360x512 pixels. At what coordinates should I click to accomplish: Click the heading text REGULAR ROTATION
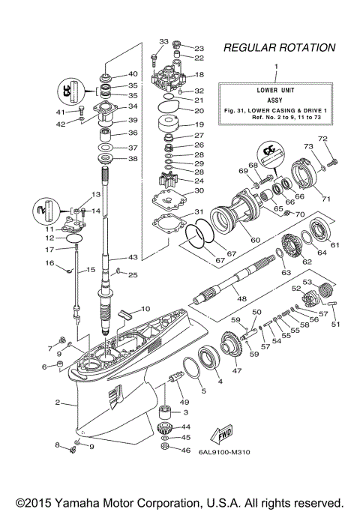click(x=279, y=48)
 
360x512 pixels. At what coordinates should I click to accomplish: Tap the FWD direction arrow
click(x=224, y=435)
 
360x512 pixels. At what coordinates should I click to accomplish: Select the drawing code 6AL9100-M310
click(x=229, y=451)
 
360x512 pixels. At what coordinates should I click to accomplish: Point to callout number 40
click(x=133, y=74)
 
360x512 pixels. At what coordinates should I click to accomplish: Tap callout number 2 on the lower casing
click(x=57, y=403)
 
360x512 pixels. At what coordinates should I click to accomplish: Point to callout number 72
click(x=324, y=139)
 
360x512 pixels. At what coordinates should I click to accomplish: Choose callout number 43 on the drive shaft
click(x=132, y=257)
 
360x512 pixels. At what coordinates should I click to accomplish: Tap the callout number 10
click(x=145, y=308)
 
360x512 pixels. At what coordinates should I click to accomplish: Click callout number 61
click(x=334, y=244)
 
